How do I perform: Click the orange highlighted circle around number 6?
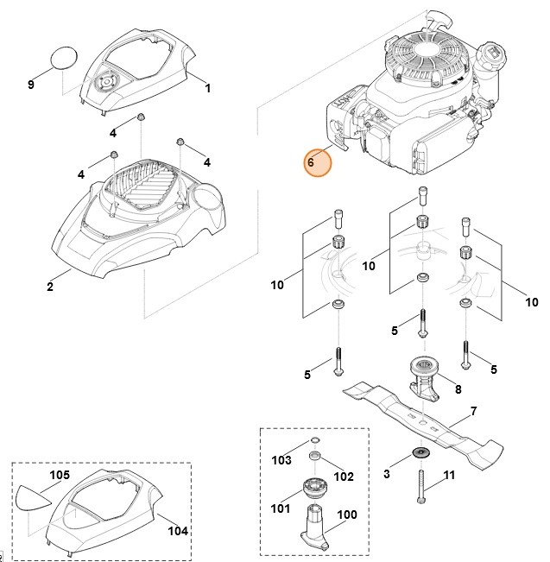point(318,162)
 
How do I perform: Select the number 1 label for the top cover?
point(207,87)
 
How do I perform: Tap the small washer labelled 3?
point(421,453)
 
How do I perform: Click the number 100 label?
point(346,515)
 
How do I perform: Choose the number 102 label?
point(344,476)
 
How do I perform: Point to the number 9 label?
point(31,84)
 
